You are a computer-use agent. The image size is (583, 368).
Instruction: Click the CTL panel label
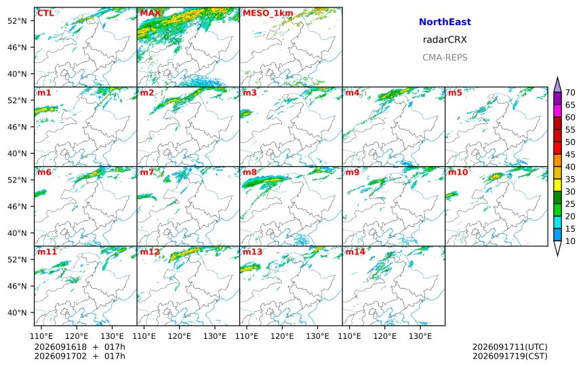[45, 13]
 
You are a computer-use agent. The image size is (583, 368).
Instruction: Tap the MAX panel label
[150, 13]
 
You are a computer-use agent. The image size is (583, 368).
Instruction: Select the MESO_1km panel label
[268, 14]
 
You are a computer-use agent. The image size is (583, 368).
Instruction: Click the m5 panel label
[455, 93]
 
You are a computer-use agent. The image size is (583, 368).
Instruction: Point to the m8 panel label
[249, 172]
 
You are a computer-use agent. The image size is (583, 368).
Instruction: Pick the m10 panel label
[458, 172]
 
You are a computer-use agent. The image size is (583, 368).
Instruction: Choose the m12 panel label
[149, 251]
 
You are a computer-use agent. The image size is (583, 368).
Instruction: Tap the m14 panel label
[355, 251]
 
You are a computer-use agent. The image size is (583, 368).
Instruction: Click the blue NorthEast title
[445, 22]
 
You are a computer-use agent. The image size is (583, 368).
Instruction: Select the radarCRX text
[445, 40]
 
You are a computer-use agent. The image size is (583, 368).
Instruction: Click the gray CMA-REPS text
[445, 58]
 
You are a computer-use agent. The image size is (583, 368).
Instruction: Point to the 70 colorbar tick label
[570, 93]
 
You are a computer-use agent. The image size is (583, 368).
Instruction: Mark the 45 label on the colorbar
[570, 155]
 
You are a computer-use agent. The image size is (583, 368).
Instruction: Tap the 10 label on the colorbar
[570, 241]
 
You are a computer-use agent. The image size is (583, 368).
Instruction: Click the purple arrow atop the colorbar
[557, 85]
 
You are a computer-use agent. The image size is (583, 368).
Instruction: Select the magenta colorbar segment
[557, 111]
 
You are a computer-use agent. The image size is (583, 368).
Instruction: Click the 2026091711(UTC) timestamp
[510, 347]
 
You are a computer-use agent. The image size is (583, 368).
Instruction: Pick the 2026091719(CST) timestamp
[510, 356]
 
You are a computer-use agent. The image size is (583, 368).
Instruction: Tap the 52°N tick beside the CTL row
[17, 21]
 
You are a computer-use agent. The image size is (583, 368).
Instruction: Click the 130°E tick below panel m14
[420, 336]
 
